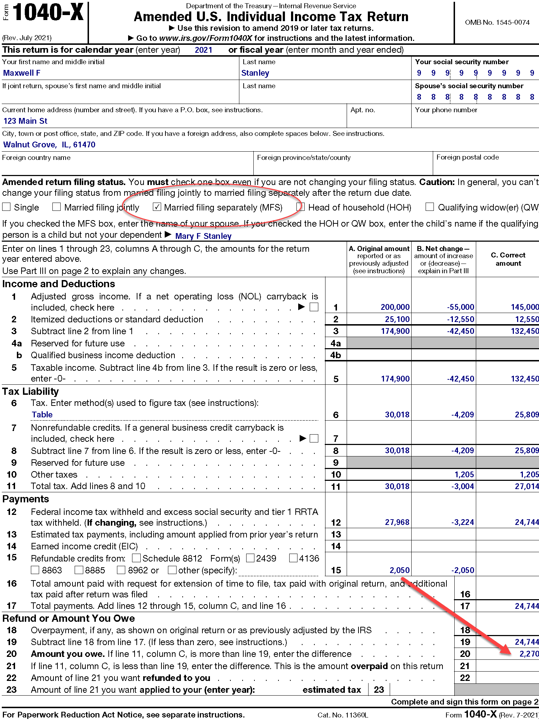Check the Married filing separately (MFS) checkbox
pos(156,207)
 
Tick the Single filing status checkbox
pos(6,207)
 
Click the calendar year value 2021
pos(203,50)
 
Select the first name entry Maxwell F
pos(22,73)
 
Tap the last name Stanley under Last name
pos(255,73)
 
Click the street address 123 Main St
pos(25,121)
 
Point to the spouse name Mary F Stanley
pos(203,236)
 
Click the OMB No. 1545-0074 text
pos(497,22)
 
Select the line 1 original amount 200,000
pos(395,307)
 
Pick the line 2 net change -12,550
pos(460,319)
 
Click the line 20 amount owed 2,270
pos(529,654)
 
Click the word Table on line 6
pos(42,415)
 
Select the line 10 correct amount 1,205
pos(529,474)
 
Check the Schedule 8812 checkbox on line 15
pos(136,558)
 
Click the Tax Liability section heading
pos(31,391)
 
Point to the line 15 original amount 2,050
pos(399,570)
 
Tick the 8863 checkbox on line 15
pos(35,570)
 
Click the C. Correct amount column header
pos(508,259)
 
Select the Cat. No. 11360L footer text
pos(343,715)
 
